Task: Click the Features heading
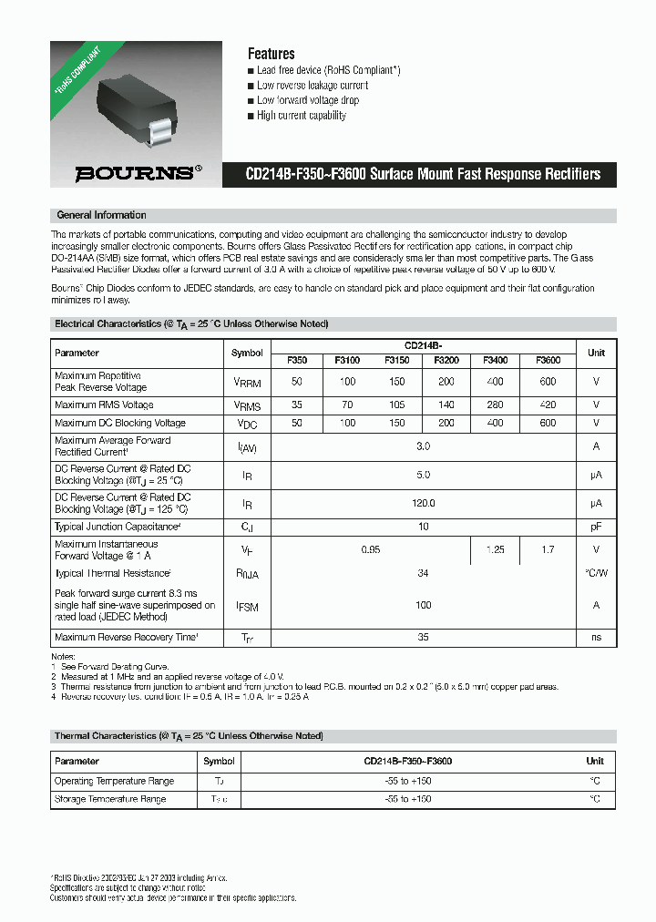point(271,54)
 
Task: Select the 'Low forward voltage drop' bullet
point(308,100)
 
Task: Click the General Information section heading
point(101,215)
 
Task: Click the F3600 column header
point(548,360)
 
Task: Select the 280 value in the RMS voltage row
point(496,405)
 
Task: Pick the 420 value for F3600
point(548,405)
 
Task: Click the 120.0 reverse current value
point(424,503)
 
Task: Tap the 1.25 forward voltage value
point(496,549)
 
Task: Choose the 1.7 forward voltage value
point(548,549)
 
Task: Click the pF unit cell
point(596,527)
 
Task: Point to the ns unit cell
point(596,638)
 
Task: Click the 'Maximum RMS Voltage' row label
point(104,405)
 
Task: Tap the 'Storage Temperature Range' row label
point(110,799)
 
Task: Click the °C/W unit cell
point(596,573)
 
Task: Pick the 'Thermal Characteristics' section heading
point(188,736)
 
